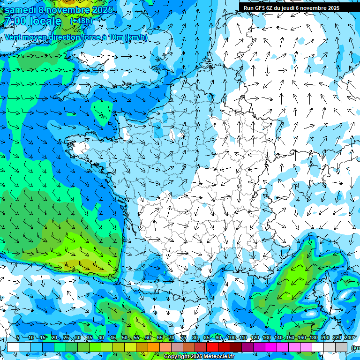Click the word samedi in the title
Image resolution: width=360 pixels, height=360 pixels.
(x=20, y=10)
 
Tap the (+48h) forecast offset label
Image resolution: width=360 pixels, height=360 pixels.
(x=81, y=21)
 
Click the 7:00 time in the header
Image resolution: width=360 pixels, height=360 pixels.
(x=15, y=21)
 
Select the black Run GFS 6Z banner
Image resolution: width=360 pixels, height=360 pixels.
(x=299, y=7)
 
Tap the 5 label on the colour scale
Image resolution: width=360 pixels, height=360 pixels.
(x=17, y=338)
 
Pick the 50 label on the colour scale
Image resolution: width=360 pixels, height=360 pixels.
(x=125, y=338)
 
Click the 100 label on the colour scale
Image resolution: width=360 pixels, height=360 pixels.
(x=231, y=338)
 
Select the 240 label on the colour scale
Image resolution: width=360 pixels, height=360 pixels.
(x=349, y=338)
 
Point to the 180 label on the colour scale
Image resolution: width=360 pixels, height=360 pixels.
(x=314, y=338)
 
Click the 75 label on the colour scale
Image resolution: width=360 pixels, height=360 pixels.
(x=183, y=338)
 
